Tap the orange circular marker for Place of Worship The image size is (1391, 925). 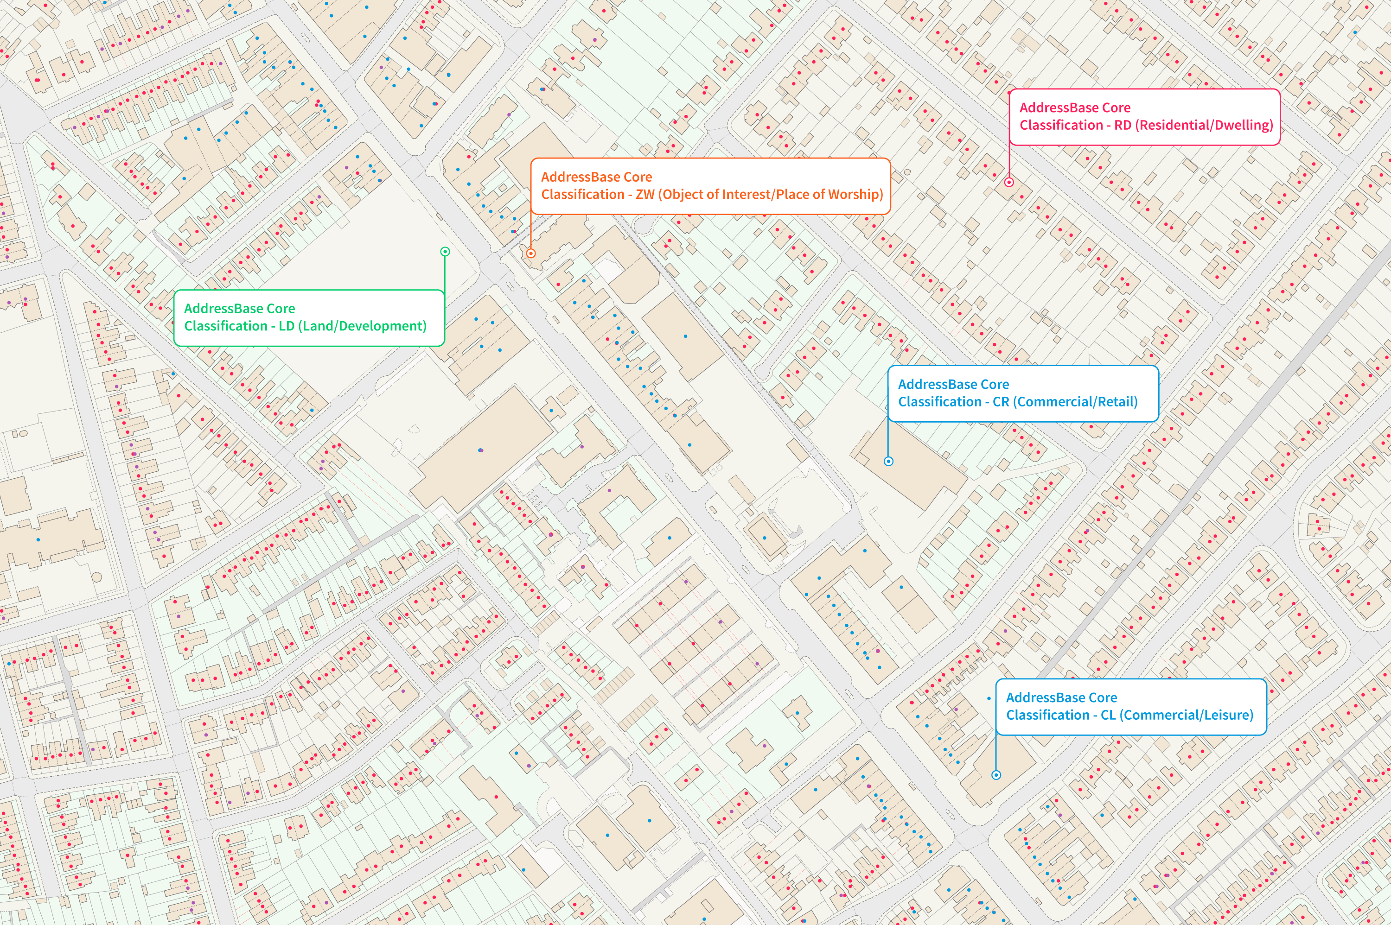530,253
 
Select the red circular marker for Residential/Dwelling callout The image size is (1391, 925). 1009,182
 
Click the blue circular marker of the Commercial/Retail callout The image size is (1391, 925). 888,461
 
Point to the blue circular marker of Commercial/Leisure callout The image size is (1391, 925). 996,774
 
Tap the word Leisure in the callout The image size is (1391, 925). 1226,715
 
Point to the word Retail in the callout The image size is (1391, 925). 1114,402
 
